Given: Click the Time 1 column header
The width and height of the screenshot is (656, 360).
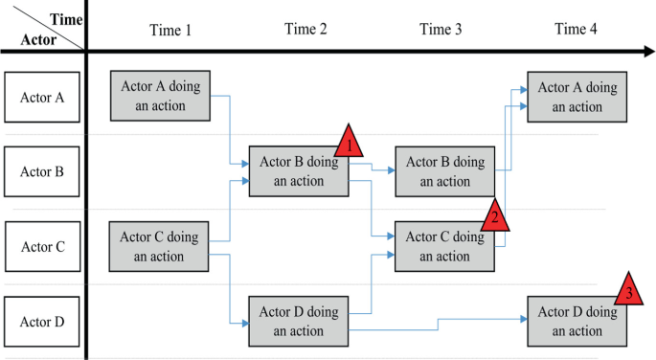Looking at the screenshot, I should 170,29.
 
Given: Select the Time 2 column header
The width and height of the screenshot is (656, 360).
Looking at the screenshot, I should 305,29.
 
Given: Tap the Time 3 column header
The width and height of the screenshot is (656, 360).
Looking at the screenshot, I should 441,29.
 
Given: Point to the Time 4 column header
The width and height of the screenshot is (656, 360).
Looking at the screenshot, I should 576,29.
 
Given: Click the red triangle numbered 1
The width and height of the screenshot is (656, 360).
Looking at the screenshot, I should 350,144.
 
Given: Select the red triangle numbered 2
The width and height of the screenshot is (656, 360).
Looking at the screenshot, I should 494,214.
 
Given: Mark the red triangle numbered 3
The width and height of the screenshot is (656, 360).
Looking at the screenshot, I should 628,291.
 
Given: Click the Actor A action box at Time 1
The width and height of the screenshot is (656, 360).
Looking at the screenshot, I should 160,96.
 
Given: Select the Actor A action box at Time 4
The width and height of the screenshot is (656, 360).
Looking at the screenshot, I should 577,96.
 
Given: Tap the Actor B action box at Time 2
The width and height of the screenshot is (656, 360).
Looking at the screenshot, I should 298,171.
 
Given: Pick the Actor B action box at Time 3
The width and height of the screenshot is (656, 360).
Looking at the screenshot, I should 445,171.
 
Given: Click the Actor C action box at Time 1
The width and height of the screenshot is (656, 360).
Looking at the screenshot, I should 160,247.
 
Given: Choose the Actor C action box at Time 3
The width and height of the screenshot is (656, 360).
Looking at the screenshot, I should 445,247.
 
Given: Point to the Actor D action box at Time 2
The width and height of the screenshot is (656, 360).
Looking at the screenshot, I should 298,322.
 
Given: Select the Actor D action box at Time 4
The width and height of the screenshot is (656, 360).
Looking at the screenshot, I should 577,322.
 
